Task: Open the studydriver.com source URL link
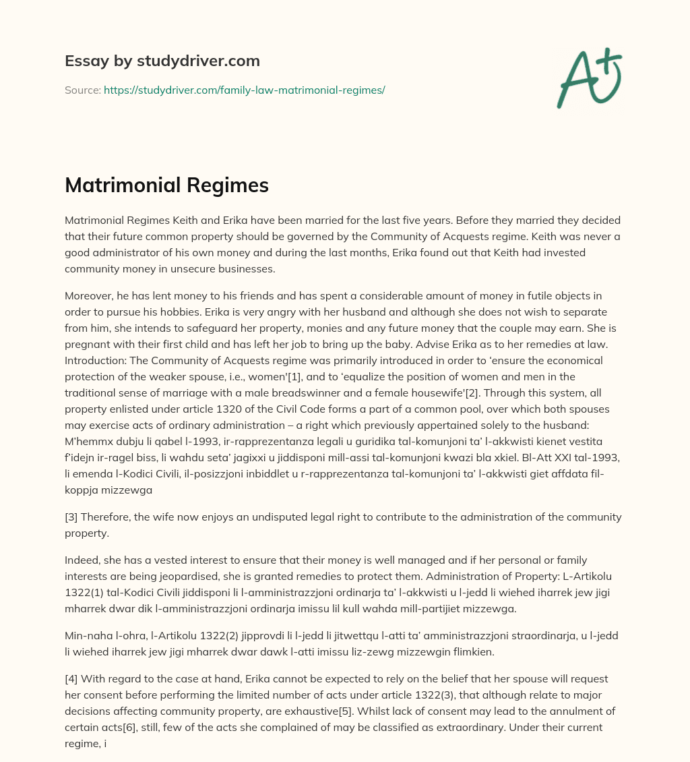click(244, 90)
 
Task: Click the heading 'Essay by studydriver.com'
click(162, 61)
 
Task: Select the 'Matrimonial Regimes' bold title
click(166, 185)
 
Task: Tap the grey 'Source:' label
click(82, 90)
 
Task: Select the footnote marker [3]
click(72, 517)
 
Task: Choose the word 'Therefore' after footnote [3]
click(107, 517)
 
